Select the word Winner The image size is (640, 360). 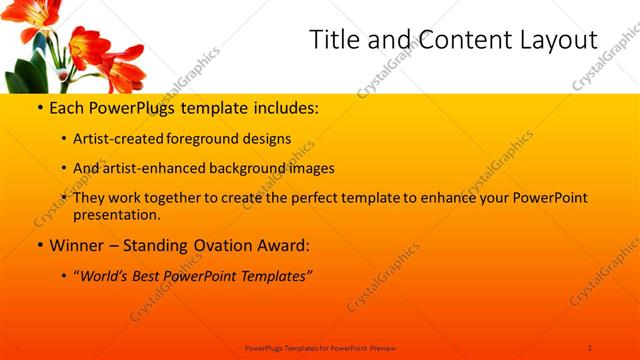(77, 245)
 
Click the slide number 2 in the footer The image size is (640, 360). (590, 347)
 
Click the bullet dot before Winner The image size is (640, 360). (39, 245)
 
